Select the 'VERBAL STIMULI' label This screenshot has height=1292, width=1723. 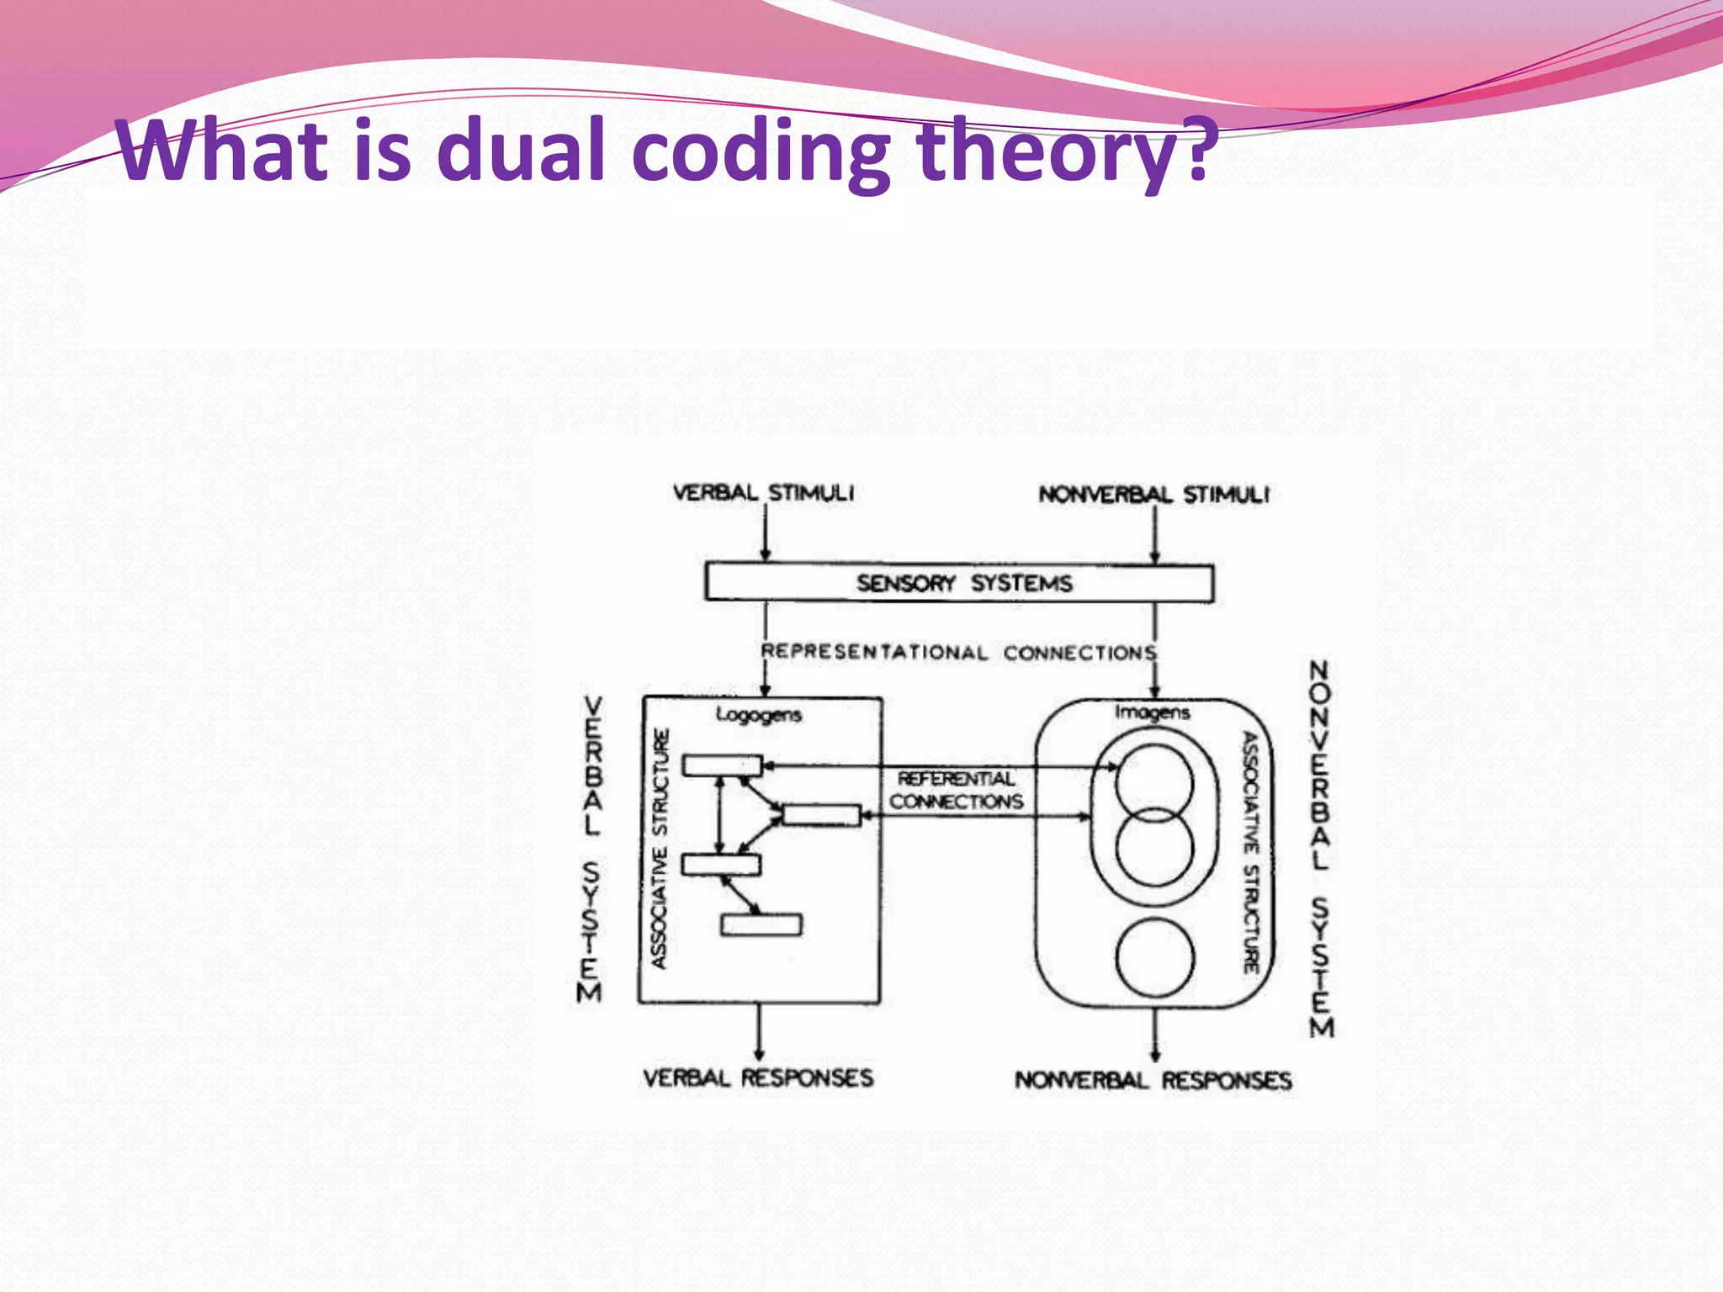pyautogui.click(x=763, y=492)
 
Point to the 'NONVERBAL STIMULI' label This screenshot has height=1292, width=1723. pyautogui.click(x=1154, y=494)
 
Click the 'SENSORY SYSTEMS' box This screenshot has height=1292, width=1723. pyautogui.click(x=959, y=583)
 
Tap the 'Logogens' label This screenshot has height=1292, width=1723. pyautogui.click(x=759, y=715)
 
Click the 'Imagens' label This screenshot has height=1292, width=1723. pyautogui.click(x=1153, y=712)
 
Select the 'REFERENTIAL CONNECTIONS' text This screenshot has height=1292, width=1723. pyautogui.click(x=957, y=790)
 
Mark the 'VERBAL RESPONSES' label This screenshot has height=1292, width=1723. pyautogui.click(x=758, y=1078)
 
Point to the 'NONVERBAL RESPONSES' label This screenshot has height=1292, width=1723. pyautogui.click(x=1153, y=1080)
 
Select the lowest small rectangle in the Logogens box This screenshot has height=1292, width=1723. pyautogui.click(x=761, y=924)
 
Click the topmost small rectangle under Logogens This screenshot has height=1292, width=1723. pyautogui.click(x=722, y=765)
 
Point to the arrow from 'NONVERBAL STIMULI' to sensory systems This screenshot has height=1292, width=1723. pyautogui.click(x=1155, y=535)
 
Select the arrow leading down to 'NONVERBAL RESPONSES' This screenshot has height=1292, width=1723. pyautogui.click(x=1154, y=1035)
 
